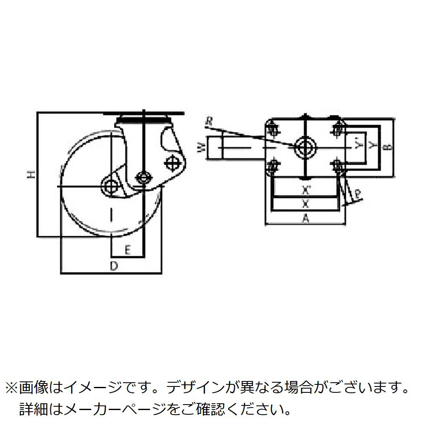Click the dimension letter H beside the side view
(x=30, y=174)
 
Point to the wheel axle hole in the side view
(x=111, y=186)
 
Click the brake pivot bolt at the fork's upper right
(x=172, y=162)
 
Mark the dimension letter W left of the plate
(x=202, y=148)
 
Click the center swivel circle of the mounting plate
(x=305, y=147)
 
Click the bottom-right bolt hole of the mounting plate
(x=337, y=165)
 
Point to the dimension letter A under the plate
(x=306, y=218)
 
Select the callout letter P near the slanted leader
(x=357, y=195)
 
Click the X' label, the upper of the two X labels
(x=306, y=191)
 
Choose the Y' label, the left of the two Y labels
(x=358, y=146)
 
